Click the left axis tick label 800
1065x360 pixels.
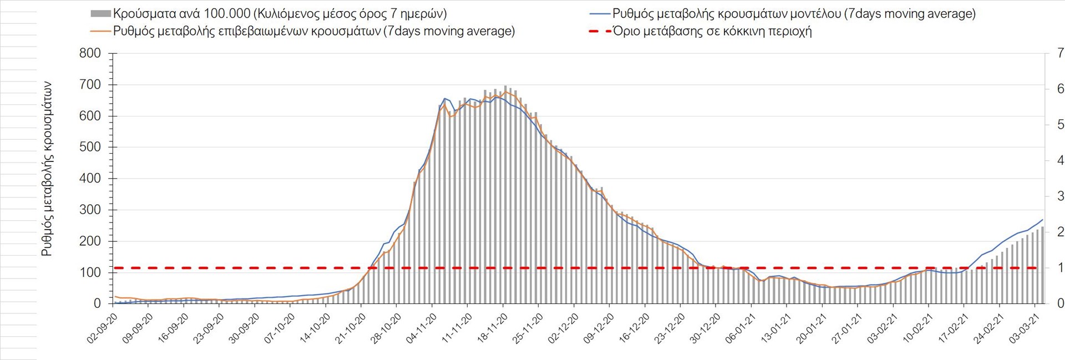pyautogui.click(x=90, y=53)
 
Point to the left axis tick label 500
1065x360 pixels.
pyautogui.click(x=90, y=147)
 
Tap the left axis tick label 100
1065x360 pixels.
pyautogui.click(x=90, y=272)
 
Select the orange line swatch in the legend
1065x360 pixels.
pyautogui.click(x=100, y=31)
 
